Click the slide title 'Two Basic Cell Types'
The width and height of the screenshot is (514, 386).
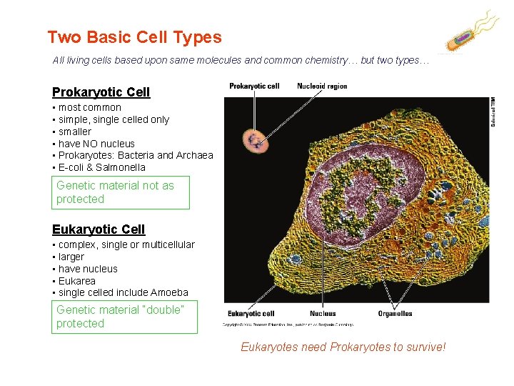134,37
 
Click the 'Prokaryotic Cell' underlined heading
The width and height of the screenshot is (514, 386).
101,91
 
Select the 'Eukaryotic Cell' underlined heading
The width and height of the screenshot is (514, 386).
99,229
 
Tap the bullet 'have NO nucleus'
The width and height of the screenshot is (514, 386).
96,144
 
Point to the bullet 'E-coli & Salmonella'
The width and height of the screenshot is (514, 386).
101,167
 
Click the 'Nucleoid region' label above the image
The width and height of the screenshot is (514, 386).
322,86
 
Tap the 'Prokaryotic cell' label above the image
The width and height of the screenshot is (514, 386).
254,86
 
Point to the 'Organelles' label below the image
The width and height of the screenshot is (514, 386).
395,313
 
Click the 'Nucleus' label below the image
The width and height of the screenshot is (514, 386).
323,313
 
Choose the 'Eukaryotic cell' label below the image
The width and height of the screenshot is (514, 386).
251,313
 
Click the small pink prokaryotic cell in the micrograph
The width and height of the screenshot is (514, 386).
252,138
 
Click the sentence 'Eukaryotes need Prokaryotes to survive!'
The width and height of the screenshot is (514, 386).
343,347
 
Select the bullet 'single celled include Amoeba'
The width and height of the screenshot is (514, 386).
123,292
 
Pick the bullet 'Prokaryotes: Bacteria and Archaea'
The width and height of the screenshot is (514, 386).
136,155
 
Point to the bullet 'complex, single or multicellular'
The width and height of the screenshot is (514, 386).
126,244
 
